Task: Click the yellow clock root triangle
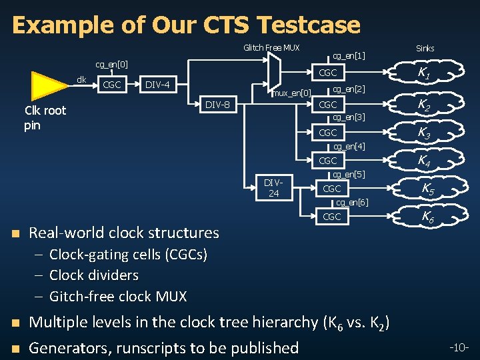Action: point(49,85)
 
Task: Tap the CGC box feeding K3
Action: point(328,133)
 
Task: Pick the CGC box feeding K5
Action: point(331,189)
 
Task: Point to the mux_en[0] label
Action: point(293,93)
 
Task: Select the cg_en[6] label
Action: point(351,203)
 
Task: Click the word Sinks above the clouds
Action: point(425,48)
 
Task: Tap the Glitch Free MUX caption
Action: point(271,47)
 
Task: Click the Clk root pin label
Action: point(45,118)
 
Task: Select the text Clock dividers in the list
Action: point(94,275)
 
